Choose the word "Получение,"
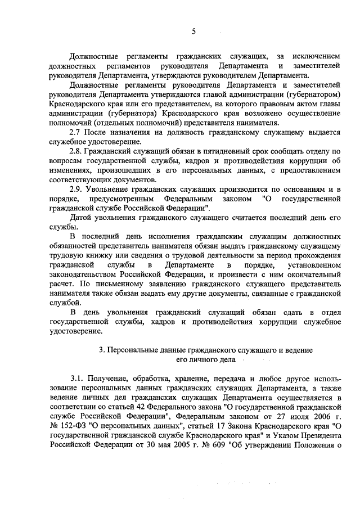point(110,378)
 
